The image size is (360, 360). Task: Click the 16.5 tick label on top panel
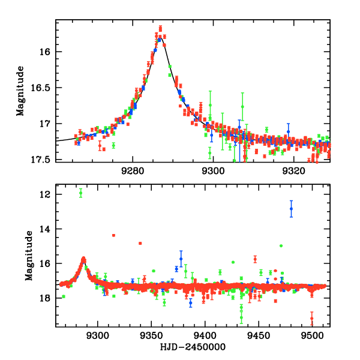tap(44, 88)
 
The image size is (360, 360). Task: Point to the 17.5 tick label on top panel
tap(44, 160)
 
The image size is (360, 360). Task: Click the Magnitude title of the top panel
tap(20, 91)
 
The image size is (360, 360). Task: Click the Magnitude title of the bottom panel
tap(28, 259)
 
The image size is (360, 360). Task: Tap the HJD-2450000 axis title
tap(193, 347)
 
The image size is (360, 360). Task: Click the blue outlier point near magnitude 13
tap(291, 209)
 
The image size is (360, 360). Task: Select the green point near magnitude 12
tap(81, 193)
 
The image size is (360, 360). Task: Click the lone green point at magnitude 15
tap(281, 246)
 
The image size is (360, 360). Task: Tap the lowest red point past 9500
tap(312, 318)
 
